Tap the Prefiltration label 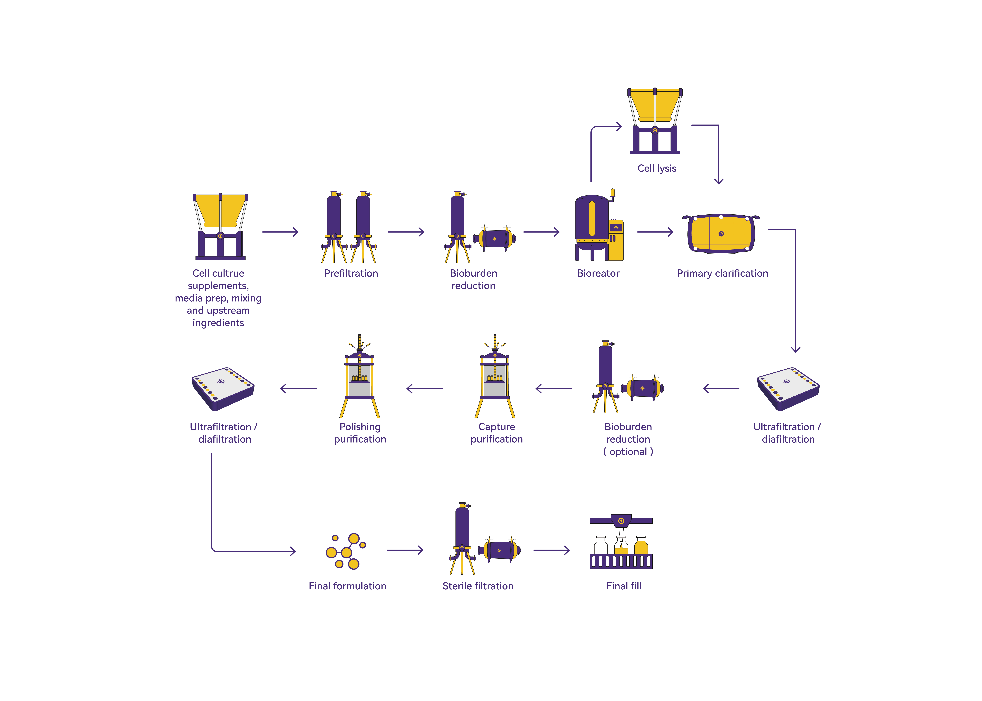[x=351, y=273]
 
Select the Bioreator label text [x=598, y=273]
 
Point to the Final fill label [x=624, y=586]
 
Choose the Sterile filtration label [x=478, y=586]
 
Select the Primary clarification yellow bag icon [x=721, y=233]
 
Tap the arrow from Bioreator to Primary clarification [x=655, y=232]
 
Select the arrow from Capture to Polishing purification [x=424, y=388]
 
